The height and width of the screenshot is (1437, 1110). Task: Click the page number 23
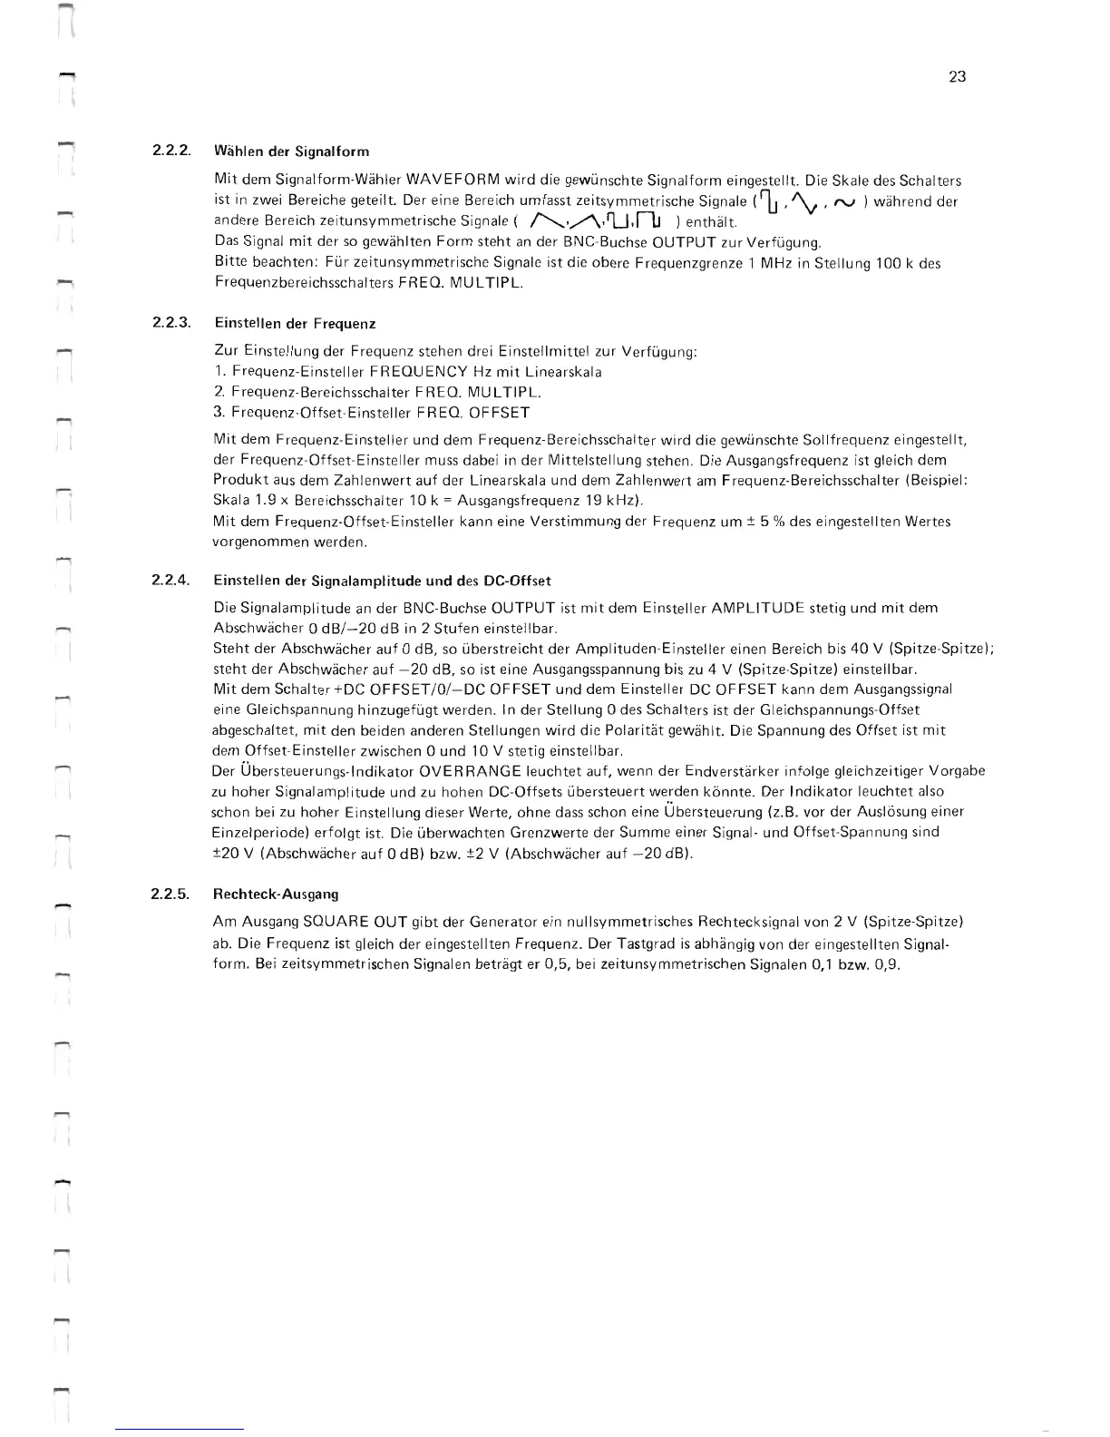coord(957,77)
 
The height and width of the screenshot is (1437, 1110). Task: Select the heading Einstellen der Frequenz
coord(295,323)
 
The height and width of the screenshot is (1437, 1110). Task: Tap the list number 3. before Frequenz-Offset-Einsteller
coord(219,413)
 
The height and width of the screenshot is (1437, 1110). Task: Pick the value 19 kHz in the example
coord(616,501)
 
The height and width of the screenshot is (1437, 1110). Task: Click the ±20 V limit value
coord(230,853)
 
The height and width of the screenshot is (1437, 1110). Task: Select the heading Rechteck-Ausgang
coord(275,894)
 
